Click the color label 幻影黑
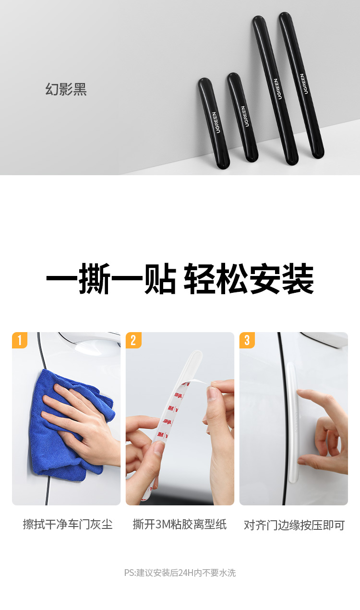pyautogui.click(x=66, y=89)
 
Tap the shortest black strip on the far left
pyautogui.click(x=214, y=123)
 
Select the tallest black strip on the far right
pyautogui.click(x=301, y=85)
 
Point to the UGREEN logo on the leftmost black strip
pyautogui.click(x=216, y=122)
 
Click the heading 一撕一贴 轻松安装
pyautogui.click(x=180, y=278)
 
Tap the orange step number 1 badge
pyautogui.click(x=20, y=340)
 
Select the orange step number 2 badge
pyautogui.click(x=133, y=340)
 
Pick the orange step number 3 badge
pyautogui.click(x=247, y=340)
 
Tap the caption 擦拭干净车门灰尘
pyautogui.click(x=68, y=524)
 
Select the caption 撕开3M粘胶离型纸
pyautogui.click(x=180, y=524)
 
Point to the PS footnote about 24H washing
pyautogui.click(x=180, y=573)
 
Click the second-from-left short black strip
pyautogui.click(x=242, y=117)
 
